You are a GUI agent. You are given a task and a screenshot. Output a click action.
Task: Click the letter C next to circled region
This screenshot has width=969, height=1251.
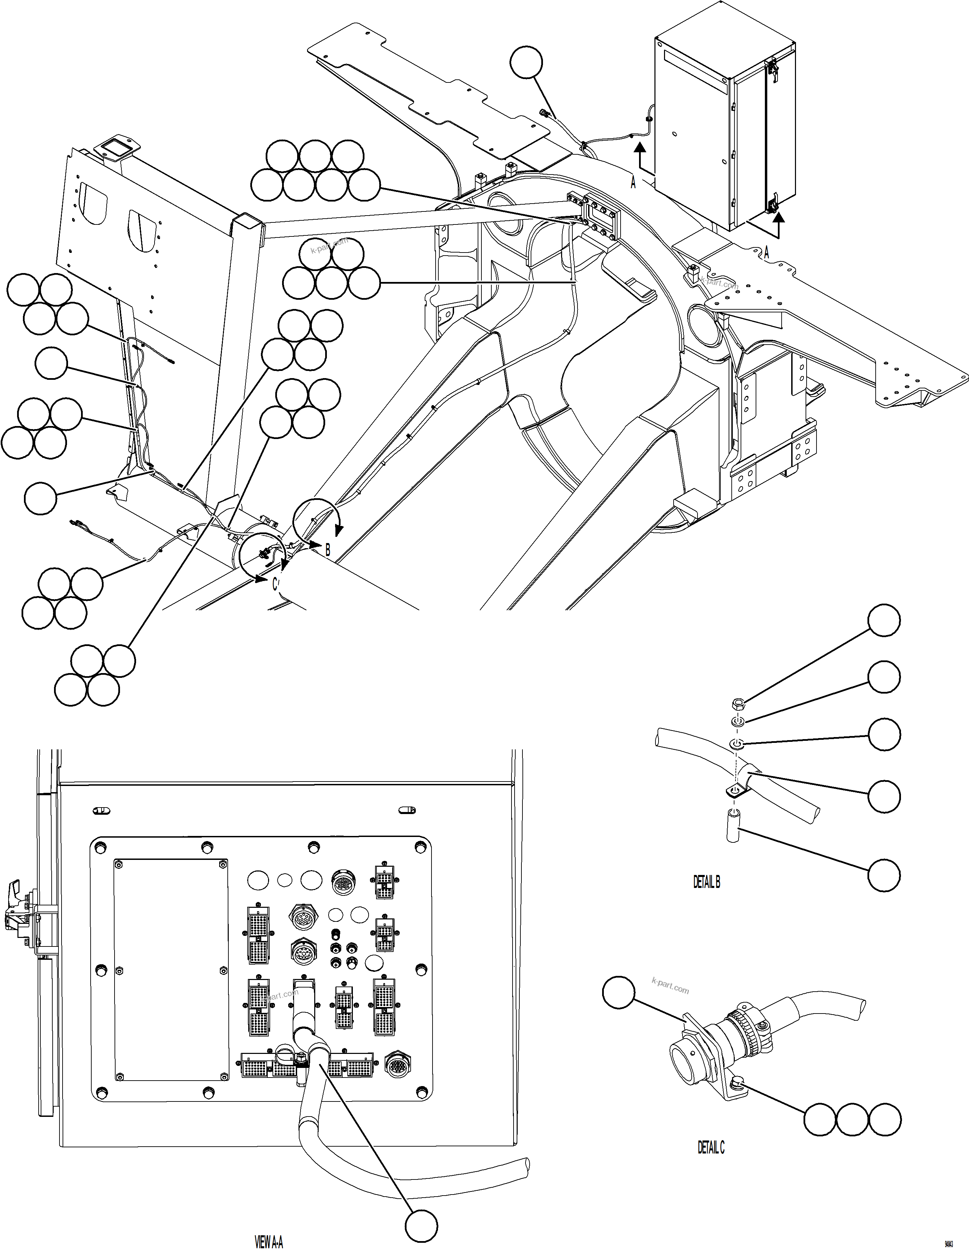(275, 584)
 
